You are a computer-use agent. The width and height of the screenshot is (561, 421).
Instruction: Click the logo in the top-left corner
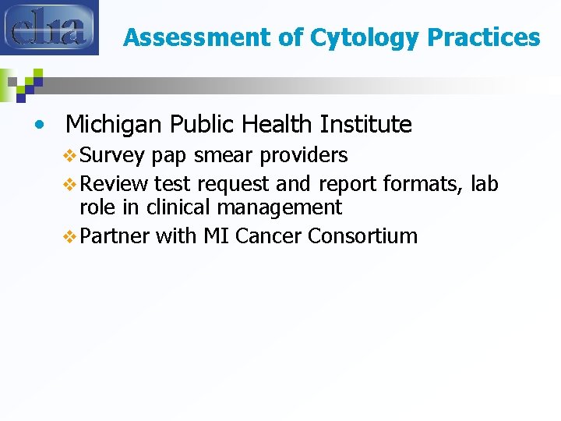[x=49, y=28]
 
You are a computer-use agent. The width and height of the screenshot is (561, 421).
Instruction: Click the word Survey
[x=112, y=156]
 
